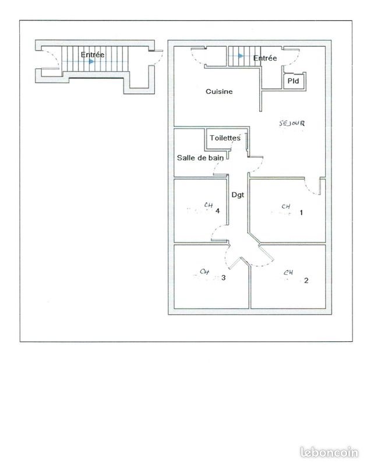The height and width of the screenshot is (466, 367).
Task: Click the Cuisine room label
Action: (x=219, y=91)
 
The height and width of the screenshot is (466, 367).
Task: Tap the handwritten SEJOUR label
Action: (x=292, y=123)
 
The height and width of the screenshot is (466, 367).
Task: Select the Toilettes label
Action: (x=224, y=138)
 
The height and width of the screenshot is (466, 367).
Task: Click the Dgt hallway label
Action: (x=237, y=195)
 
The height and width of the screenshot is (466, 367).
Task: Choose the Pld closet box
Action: (x=292, y=82)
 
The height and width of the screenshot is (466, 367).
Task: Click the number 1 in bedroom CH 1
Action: (x=301, y=213)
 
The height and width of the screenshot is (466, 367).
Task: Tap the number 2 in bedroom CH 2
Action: (x=306, y=280)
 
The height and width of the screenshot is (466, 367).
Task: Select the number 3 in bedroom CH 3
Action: (x=223, y=278)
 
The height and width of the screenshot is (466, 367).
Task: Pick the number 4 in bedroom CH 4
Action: (x=217, y=211)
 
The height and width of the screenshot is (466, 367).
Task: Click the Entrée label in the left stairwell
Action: (x=93, y=55)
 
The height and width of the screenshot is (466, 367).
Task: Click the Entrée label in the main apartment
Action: (x=265, y=58)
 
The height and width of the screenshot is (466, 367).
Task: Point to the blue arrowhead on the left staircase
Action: (x=91, y=61)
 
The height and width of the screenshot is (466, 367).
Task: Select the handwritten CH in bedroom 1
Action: (x=285, y=206)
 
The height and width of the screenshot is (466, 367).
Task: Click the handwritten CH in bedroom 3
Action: (x=204, y=271)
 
